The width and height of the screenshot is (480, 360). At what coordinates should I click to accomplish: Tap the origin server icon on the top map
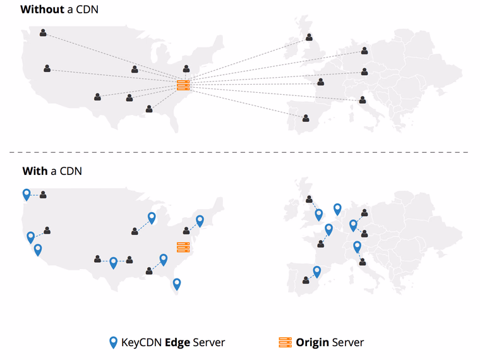pos(183,85)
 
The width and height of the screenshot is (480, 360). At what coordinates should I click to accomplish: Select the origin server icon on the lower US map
pos(183,248)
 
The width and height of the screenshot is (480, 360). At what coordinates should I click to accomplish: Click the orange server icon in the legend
pos(285,342)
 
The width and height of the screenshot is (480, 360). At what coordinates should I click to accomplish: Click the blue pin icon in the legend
pos(113,342)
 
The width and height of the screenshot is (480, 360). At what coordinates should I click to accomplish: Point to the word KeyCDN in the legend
pos(142,342)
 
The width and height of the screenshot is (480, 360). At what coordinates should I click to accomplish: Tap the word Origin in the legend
pos(313,342)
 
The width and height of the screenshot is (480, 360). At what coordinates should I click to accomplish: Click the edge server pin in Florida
pos(177,284)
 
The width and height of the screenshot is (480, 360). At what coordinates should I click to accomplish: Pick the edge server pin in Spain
pos(317,271)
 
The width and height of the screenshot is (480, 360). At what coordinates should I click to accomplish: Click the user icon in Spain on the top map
pos(306,118)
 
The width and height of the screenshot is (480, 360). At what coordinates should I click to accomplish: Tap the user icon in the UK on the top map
pos(309,37)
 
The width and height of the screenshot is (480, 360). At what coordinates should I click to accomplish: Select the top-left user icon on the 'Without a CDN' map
pos(43,33)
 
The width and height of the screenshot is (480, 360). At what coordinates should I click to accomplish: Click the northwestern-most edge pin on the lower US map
pos(27,194)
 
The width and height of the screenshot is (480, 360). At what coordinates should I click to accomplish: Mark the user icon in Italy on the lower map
pos(363,261)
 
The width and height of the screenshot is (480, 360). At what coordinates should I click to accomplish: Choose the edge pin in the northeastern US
pos(200,220)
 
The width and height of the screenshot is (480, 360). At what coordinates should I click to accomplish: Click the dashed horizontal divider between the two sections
pos(240,152)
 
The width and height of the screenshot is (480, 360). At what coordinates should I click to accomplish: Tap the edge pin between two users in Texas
pos(113,262)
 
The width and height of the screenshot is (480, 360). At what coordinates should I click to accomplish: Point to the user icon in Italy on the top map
pos(363,100)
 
